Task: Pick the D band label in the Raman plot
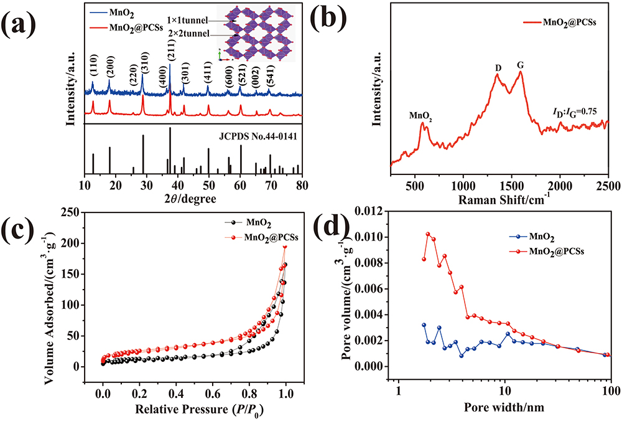(498, 66)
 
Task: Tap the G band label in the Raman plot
(520, 65)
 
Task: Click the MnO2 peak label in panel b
(420, 115)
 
